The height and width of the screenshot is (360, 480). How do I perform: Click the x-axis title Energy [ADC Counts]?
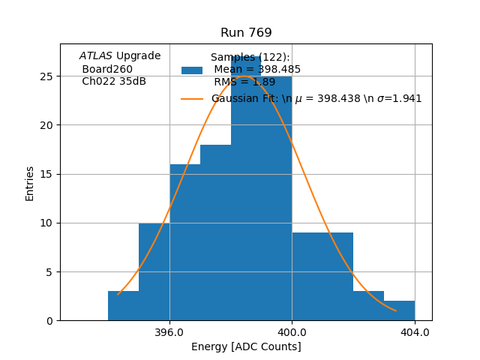pyautogui.click(x=246, y=346)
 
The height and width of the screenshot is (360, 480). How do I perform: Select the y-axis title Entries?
pyautogui.click(x=30, y=183)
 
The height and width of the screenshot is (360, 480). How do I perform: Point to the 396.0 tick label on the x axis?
pyautogui.click(x=169, y=332)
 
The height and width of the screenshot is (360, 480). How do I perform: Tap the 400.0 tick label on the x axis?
pyautogui.click(x=292, y=332)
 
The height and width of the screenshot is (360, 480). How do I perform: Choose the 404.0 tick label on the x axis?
pyautogui.click(x=415, y=332)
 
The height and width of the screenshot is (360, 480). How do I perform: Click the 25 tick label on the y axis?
pyautogui.click(x=46, y=76)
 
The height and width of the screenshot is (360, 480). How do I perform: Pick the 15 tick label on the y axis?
pyautogui.click(x=46, y=174)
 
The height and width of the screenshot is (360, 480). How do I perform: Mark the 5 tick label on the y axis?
pyautogui.click(x=49, y=271)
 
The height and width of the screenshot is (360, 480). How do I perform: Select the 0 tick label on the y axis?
pyautogui.click(x=49, y=320)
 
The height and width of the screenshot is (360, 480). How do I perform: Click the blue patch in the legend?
pyautogui.click(x=192, y=70)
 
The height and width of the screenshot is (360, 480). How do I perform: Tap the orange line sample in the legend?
pyautogui.click(x=192, y=98)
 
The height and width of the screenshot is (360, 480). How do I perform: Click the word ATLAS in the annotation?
pyautogui.click(x=95, y=56)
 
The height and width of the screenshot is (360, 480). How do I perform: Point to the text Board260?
pyautogui.click(x=107, y=69)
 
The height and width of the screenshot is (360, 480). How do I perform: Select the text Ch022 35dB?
pyautogui.click(x=114, y=82)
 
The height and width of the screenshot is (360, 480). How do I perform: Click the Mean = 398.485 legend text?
pyautogui.click(x=257, y=70)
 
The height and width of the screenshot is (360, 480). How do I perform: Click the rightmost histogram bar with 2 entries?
pyautogui.click(x=399, y=310)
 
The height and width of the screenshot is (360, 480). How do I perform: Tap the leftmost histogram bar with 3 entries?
pyautogui.click(x=123, y=306)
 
